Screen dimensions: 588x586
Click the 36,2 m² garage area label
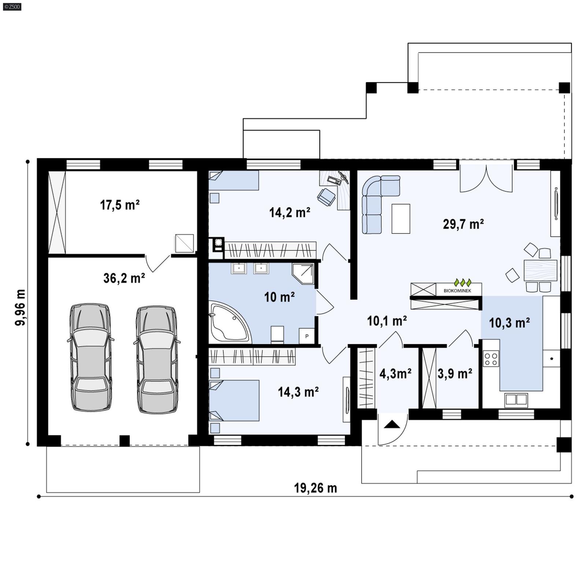coord(124,278)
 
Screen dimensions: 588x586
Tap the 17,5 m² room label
coord(120,205)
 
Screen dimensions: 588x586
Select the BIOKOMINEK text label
coord(457,291)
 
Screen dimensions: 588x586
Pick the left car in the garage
coord(90,357)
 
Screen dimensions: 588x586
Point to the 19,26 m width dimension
coord(315,488)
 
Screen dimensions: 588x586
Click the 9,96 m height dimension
coord(21,307)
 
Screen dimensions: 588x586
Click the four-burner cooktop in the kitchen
coord(491,359)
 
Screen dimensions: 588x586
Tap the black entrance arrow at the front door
coord(392,425)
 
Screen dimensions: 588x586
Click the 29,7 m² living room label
coord(463,224)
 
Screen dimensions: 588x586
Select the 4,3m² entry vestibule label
coord(395,374)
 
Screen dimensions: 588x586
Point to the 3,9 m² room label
coord(455,374)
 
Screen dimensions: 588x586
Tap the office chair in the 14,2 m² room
coord(326,196)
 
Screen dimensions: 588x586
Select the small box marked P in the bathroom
coord(307,336)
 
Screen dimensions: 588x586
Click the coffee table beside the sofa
coord(401,219)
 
